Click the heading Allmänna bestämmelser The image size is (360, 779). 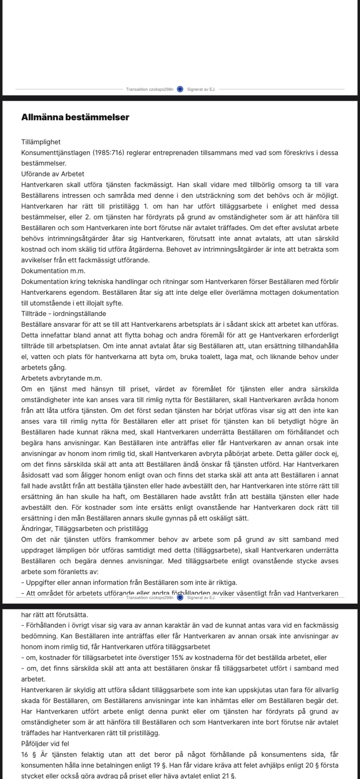(x=75, y=118)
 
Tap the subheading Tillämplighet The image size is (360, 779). (x=41, y=142)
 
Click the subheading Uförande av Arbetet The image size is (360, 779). (x=53, y=174)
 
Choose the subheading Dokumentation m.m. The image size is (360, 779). (x=53, y=271)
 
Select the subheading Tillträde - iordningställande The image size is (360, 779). (x=64, y=314)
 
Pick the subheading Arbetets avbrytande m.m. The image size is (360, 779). (x=61, y=378)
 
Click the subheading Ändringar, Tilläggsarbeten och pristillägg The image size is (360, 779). (x=84, y=529)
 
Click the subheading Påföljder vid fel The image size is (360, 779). (x=45, y=744)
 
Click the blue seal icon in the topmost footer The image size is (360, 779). (x=180, y=89)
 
